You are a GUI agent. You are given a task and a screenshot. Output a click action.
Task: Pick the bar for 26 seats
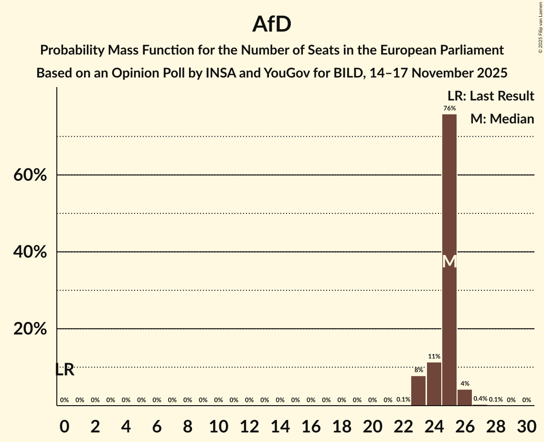tap(465, 398)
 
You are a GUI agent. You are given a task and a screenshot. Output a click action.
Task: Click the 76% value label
tap(449, 109)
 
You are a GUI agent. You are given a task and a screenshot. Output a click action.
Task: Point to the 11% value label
tap(434, 356)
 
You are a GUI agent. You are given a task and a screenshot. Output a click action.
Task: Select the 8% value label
tap(418, 370)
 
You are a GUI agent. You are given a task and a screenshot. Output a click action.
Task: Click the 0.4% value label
tap(480, 399)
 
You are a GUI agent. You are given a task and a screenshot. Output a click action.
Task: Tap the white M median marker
tap(449, 262)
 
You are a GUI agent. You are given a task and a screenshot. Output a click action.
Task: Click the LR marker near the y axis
tap(64, 370)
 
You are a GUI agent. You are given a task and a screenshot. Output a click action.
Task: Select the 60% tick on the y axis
tap(30, 175)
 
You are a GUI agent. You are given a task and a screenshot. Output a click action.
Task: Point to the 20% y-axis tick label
tap(30, 329)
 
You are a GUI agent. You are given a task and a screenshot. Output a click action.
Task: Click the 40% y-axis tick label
tap(30, 252)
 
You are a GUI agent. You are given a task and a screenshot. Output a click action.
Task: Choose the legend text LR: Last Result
tap(491, 96)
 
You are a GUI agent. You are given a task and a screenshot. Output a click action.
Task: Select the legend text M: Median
tap(501, 119)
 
